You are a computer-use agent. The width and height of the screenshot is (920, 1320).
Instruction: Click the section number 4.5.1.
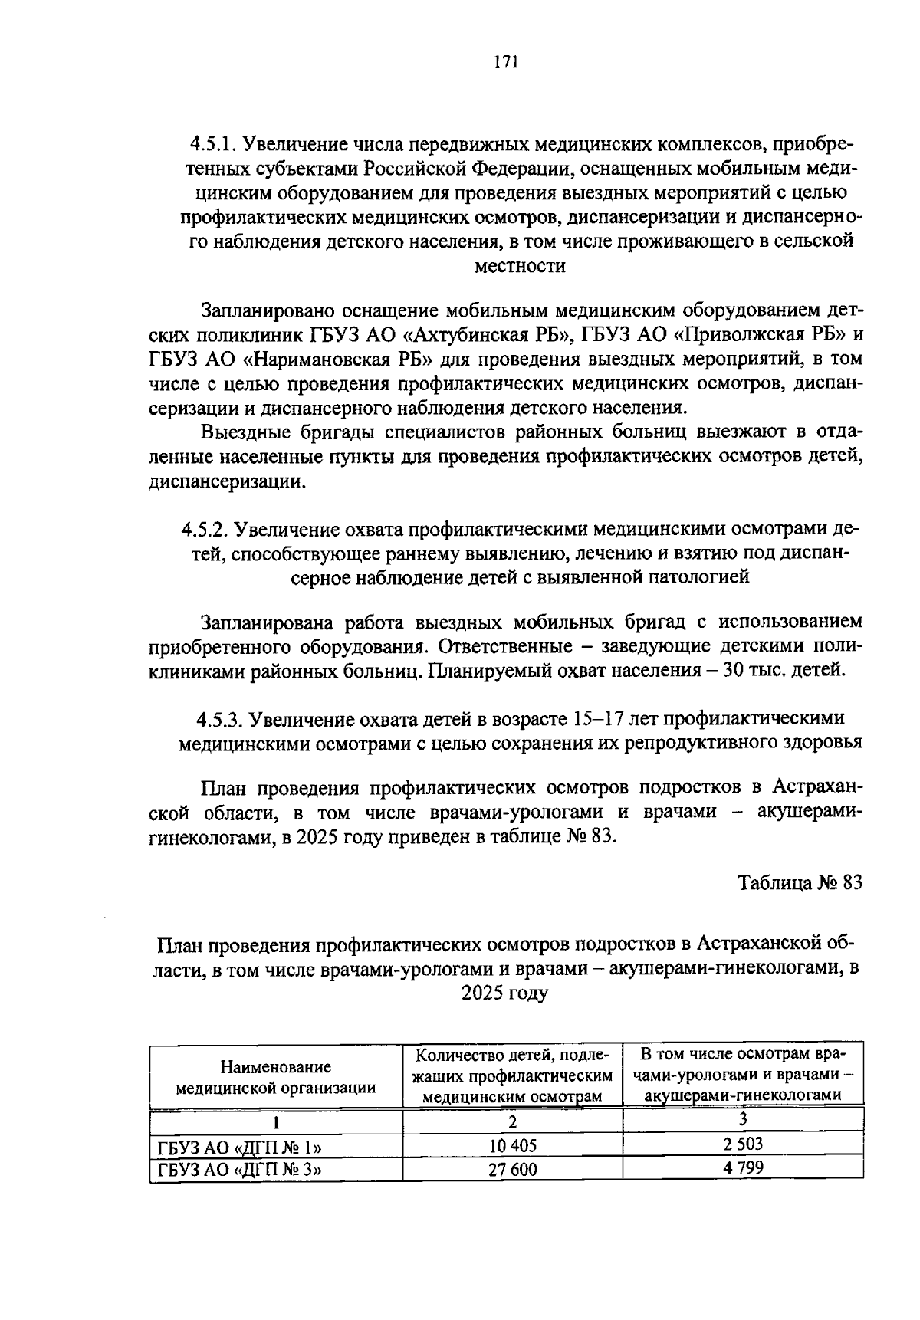pos(217,144)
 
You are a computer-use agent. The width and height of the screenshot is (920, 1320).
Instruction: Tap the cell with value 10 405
pos(513,1145)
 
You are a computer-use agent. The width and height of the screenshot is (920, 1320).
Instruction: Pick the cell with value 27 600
pos(513,1169)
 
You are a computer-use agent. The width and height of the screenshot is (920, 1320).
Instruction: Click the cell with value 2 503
pos(742,1144)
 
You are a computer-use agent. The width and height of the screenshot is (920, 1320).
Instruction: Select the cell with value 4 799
pos(742,1168)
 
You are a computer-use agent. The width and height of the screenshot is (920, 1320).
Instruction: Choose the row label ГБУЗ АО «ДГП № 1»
pos(238,1147)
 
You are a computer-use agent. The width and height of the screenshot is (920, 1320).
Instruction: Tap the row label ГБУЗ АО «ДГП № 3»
pos(238,1170)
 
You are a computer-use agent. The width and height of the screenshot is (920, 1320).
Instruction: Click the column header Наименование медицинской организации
pos(276,1076)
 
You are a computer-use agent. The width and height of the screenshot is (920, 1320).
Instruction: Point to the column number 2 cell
pos(513,1121)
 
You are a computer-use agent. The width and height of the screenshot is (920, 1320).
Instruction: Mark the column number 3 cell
pos(742,1119)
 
